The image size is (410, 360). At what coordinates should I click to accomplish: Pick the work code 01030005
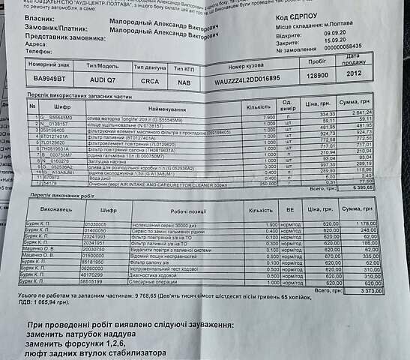pos(97,224)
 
